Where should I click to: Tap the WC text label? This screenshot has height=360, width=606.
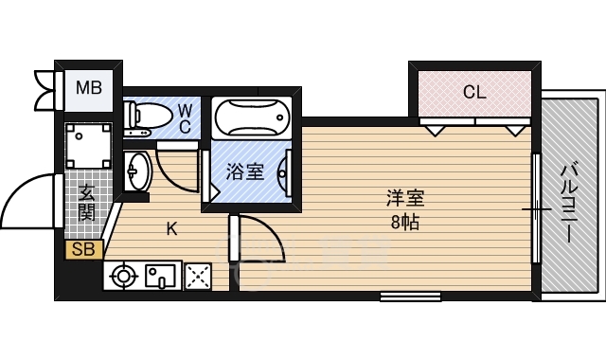pos(186,117)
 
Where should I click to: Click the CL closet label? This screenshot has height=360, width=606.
pos(473,92)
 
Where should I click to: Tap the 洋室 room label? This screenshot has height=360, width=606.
pos(404,199)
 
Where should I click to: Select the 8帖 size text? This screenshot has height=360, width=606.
pos(404,225)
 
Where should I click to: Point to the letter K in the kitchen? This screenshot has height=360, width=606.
pos(171,228)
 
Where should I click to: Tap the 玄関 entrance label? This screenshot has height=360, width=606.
pos(86,201)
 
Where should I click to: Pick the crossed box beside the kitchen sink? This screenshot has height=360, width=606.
pos(198,277)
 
